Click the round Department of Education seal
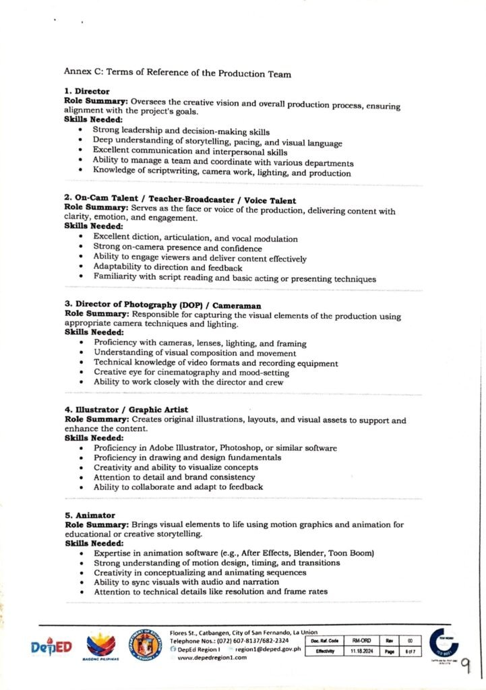[x=145, y=644]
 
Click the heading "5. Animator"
[x=90, y=515]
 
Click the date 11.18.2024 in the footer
[x=361, y=652]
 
